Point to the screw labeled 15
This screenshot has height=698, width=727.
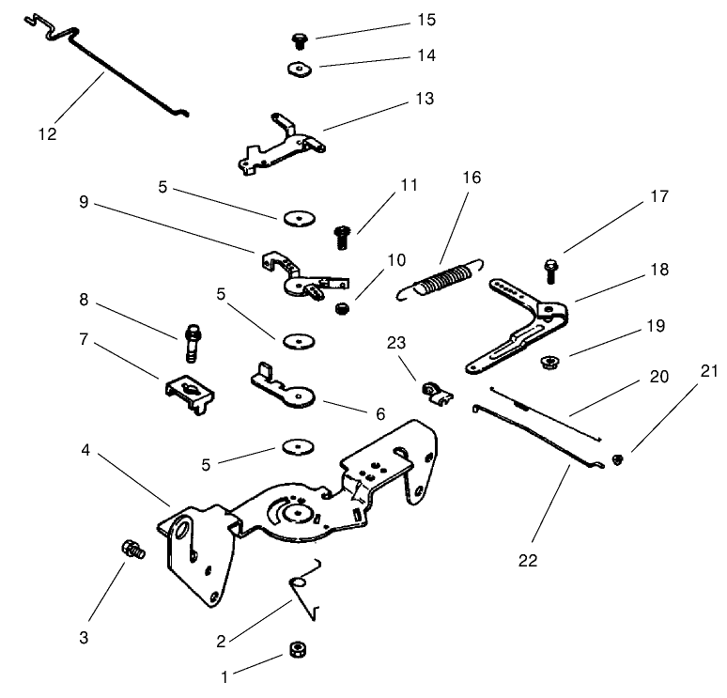(300, 39)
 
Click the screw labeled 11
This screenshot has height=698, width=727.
(342, 235)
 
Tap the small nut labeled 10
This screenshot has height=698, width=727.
(342, 307)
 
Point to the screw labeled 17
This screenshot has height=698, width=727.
(550, 271)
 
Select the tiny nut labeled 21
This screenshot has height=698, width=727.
(617, 458)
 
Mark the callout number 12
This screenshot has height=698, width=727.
(47, 133)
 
